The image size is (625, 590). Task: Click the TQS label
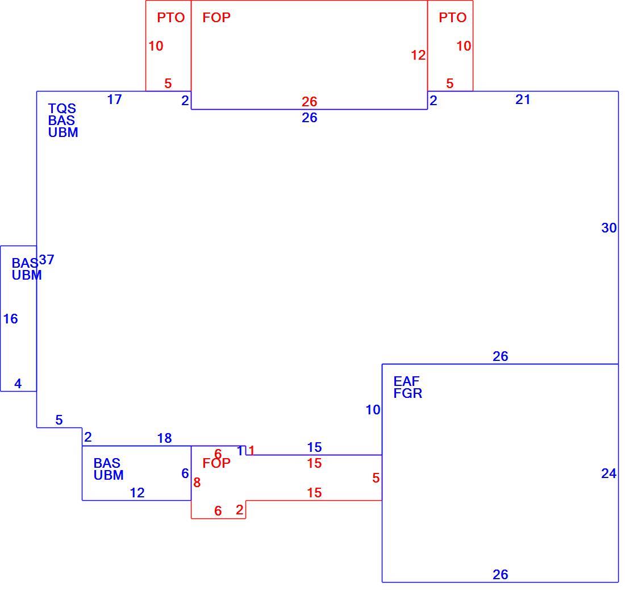(62, 109)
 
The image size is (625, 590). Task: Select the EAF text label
(406, 381)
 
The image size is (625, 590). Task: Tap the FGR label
(407, 393)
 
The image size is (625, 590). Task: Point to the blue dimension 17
(114, 99)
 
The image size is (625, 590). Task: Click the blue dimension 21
(523, 99)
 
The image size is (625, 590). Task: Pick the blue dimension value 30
(609, 228)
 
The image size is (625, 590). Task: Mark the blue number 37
(47, 260)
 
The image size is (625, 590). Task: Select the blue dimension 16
(10, 319)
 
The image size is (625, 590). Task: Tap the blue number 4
(18, 384)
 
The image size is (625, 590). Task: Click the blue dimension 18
(164, 438)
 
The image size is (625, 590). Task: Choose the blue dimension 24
(609, 473)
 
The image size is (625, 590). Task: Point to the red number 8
(197, 483)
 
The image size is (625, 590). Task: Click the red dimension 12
(418, 55)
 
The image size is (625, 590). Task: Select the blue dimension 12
(137, 493)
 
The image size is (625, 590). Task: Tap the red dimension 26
(309, 102)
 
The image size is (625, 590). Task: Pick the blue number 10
(373, 410)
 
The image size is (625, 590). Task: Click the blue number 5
(59, 420)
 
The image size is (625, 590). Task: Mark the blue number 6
(185, 473)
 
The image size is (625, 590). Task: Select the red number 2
(239, 510)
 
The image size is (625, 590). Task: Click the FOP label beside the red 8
(216, 463)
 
